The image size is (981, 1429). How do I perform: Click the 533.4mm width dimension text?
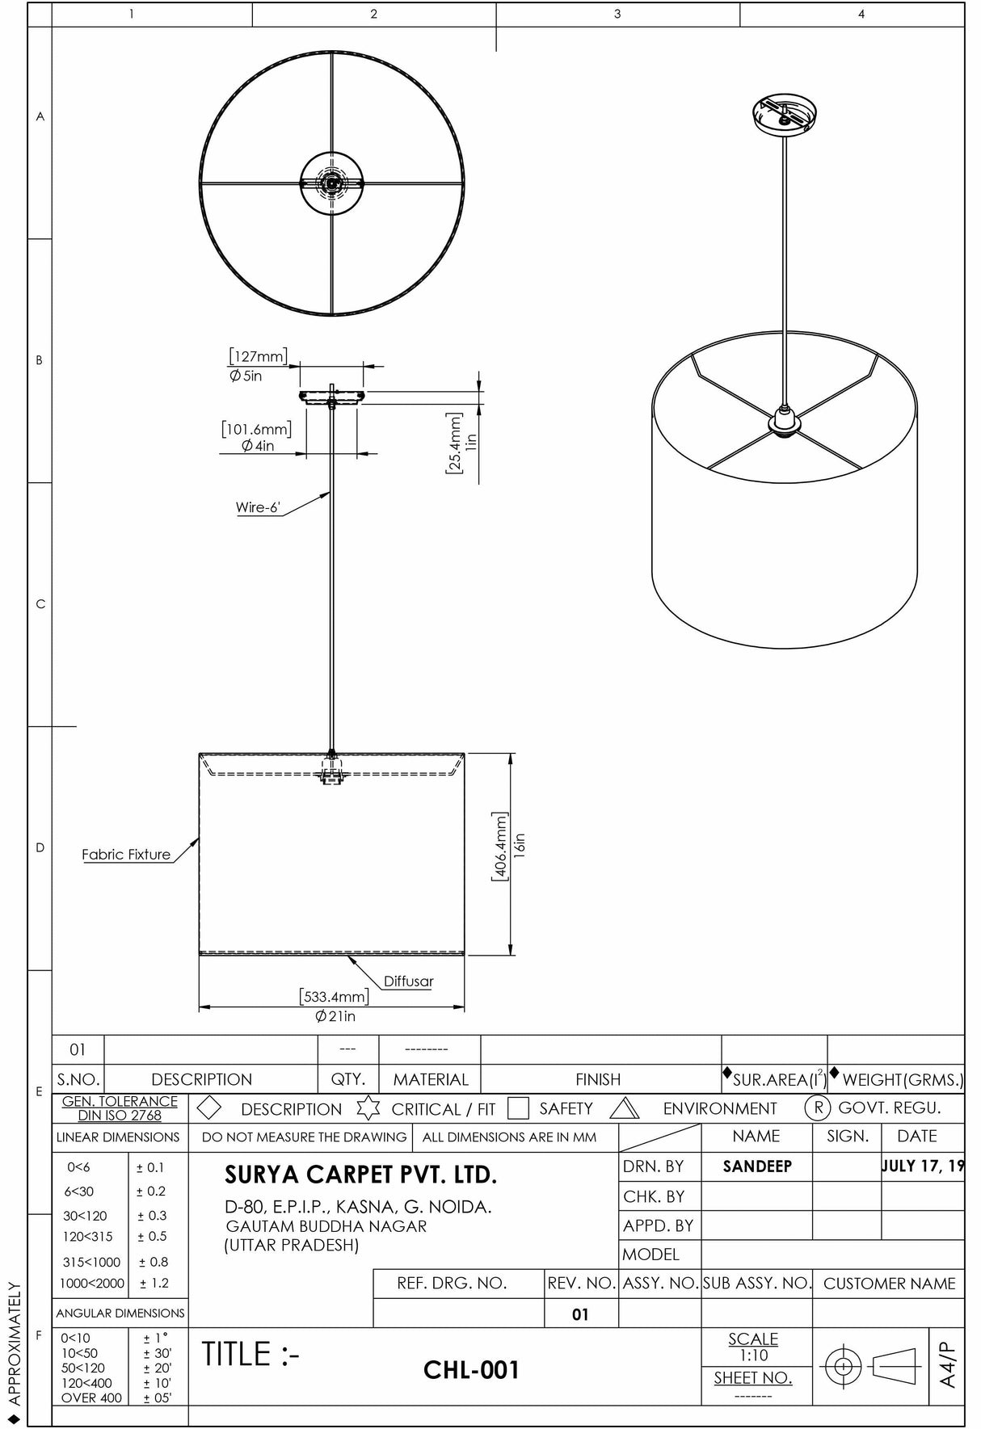tap(333, 996)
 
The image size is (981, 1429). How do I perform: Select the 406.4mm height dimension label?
tap(500, 847)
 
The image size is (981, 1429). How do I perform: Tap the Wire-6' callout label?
tap(258, 508)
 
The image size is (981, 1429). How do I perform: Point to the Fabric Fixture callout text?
tap(126, 855)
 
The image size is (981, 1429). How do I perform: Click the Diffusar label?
tap(408, 981)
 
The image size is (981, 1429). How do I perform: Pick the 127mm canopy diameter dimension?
tap(258, 356)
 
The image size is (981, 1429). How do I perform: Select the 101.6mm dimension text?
tap(256, 429)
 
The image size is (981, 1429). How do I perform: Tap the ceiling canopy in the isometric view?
tap(785, 114)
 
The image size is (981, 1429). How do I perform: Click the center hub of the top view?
tap(331, 183)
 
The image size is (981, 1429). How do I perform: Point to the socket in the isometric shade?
tap(784, 421)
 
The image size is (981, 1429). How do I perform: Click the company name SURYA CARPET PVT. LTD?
tap(360, 1175)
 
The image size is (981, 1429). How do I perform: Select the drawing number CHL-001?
tap(471, 1370)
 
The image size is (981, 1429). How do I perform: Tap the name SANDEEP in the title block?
tap(757, 1166)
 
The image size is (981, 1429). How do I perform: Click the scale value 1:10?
tap(752, 1355)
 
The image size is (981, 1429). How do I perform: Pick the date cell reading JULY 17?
tap(922, 1166)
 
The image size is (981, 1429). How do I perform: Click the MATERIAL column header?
tap(430, 1079)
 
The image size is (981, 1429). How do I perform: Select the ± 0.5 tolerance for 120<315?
tap(152, 1236)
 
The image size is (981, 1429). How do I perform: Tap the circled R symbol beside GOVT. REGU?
tap(818, 1107)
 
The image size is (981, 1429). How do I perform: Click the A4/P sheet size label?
tap(948, 1364)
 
